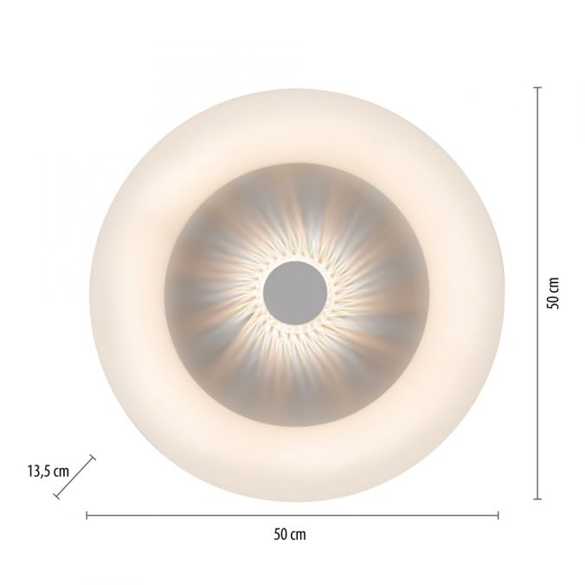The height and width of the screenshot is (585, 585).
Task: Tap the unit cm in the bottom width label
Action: (298, 535)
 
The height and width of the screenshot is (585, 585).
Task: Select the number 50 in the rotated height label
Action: (555, 300)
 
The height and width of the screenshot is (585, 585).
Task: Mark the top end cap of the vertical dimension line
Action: (537, 87)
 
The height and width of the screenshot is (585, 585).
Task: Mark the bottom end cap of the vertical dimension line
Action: (537, 498)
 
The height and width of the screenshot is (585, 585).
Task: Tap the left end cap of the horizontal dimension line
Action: (87, 516)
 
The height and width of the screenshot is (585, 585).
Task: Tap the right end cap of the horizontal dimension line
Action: (498, 516)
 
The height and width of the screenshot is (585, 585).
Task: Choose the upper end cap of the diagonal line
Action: (93, 460)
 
